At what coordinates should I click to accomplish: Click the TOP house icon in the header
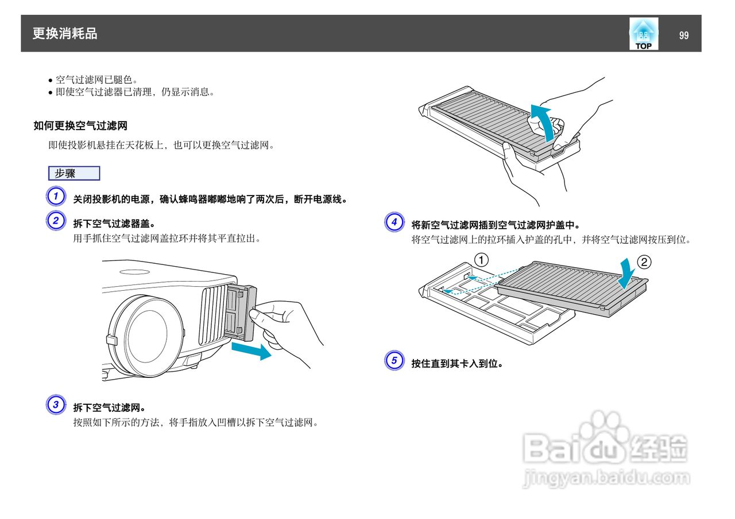(x=644, y=34)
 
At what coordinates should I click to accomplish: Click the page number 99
(x=683, y=36)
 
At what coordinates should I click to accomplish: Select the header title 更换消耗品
(x=65, y=34)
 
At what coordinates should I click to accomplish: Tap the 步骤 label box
(x=74, y=173)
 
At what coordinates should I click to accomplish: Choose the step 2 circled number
(x=55, y=221)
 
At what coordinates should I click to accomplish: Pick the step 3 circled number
(x=55, y=405)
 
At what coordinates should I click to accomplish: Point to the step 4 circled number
(x=394, y=222)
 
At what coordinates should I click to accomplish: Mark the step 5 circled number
(x=394, y=361)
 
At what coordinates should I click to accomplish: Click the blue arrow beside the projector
(x=252, y=350)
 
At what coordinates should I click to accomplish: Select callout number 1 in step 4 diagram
(x=481, y=259)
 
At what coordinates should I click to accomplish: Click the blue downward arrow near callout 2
(x=627, y=273)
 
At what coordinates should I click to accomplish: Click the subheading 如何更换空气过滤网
(x=80, y=126)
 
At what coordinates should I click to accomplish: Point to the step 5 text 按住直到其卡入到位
(x=457, y=363)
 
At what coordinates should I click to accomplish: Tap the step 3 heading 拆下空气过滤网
(x=109, y=408)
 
